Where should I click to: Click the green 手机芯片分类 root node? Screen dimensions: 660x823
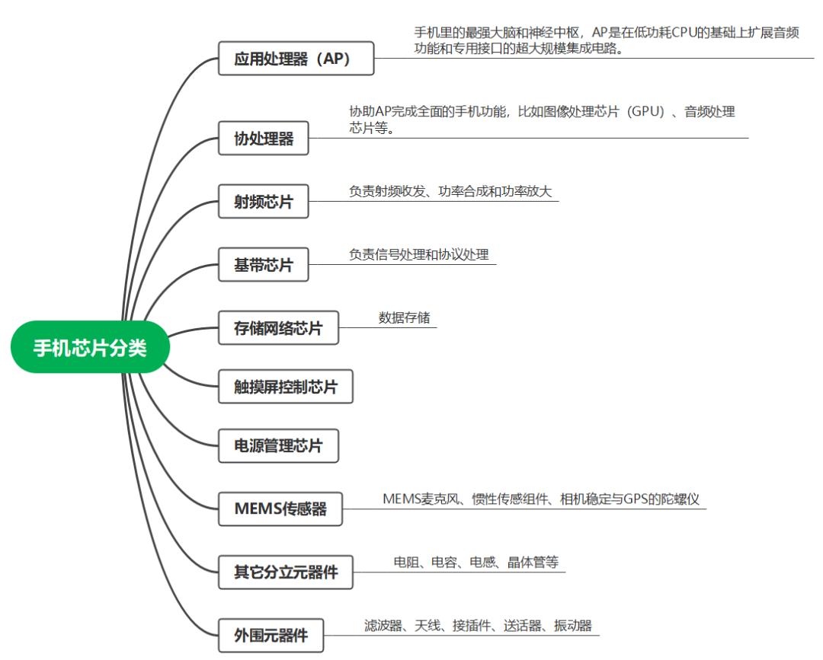pos(89,348)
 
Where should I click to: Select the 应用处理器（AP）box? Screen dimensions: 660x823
pos(296,58)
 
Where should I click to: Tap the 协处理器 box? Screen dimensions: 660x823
pos(263,139)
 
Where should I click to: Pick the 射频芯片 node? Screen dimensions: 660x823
pos(263,202)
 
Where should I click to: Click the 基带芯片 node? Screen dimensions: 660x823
pos(263,265)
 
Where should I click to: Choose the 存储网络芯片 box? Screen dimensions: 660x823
pos(278,328)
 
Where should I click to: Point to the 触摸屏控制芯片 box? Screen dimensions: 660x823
pos(285,387)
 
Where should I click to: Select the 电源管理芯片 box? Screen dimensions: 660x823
pos(278,445)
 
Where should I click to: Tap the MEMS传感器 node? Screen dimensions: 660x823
pos(280,509)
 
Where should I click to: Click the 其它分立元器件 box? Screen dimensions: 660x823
pos(285,572)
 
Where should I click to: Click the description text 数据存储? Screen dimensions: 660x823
pos(404,317)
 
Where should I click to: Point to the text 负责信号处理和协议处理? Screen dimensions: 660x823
pos(418,254)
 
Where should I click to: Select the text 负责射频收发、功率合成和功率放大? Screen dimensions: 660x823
pos(450,191)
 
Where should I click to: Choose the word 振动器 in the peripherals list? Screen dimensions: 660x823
pos(572,626)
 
